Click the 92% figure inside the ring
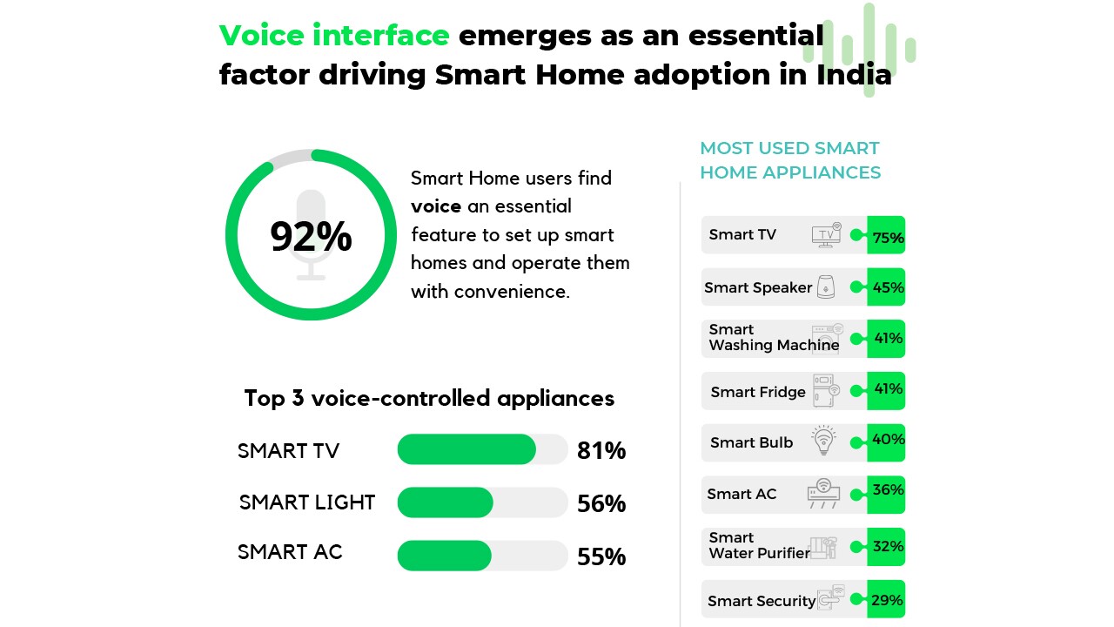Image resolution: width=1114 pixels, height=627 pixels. point(311,237)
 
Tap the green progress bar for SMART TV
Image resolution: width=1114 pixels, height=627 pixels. point(466,449)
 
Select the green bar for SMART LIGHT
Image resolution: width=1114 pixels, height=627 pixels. point(445,502)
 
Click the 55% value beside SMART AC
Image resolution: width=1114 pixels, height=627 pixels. point(601,556)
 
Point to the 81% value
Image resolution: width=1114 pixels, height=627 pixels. point(601,450)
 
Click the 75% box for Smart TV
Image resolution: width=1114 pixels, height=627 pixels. point(887,235)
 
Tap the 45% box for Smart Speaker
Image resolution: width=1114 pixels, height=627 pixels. point(887,287)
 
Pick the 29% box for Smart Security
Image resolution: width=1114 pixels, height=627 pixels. point(887,600)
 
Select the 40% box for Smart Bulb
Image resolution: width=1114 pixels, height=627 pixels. point(887,441)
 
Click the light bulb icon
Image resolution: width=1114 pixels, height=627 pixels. point(823,441)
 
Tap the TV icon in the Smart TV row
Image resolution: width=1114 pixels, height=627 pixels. point(826,235)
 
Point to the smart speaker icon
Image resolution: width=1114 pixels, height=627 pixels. point(826,287)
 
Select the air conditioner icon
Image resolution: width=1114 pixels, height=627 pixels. point(823,493)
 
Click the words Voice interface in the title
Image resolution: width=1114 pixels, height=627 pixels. point(334,36)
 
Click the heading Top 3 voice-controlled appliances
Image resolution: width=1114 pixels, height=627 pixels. point(429,398)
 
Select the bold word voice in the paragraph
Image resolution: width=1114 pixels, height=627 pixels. point(436,206)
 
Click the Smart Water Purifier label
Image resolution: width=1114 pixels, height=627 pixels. point(758,545)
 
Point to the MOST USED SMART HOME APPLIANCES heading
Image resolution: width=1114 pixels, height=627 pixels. point(790,160)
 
